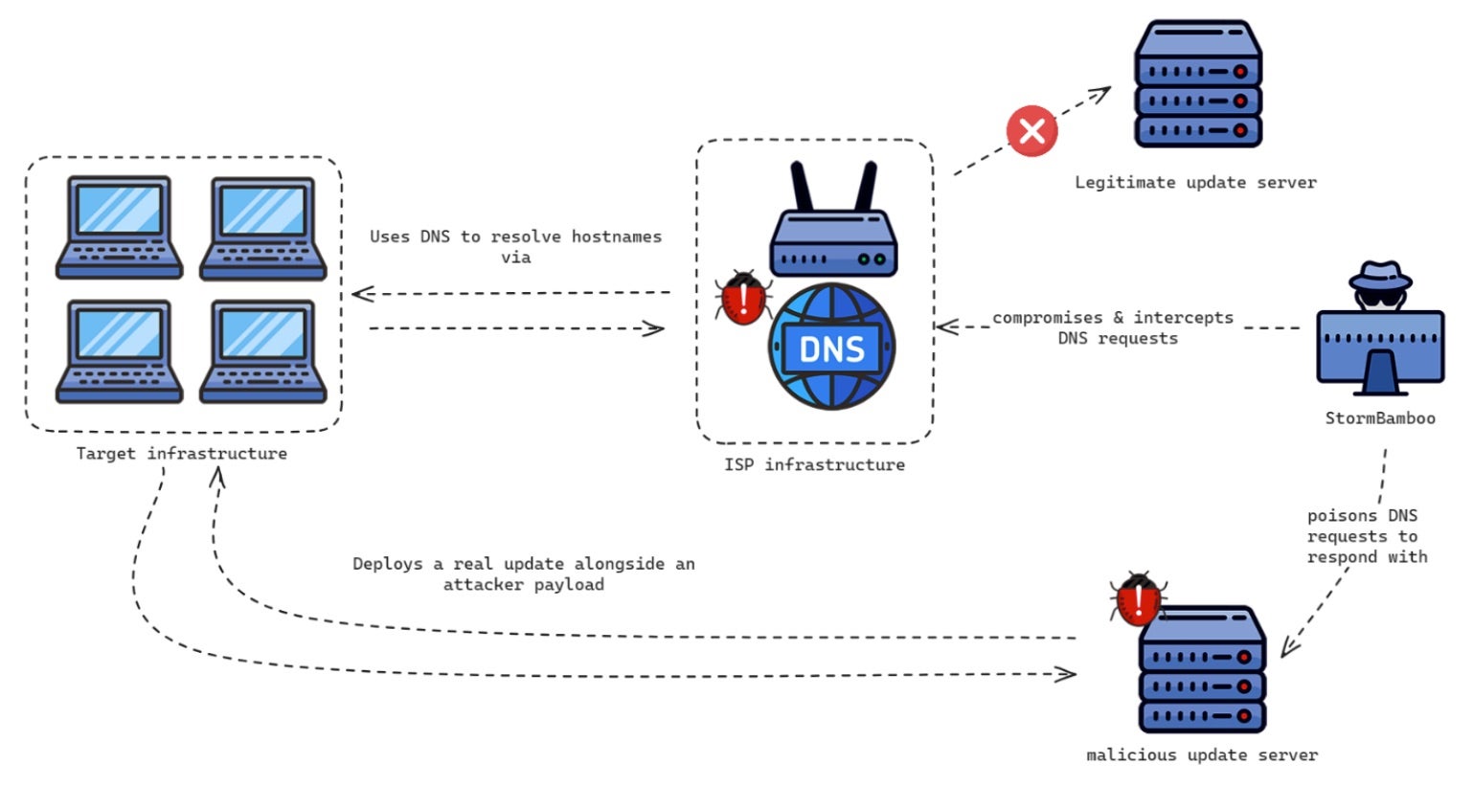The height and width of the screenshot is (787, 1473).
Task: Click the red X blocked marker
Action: pos(1031,130)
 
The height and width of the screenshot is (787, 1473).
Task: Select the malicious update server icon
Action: pos(1202,670)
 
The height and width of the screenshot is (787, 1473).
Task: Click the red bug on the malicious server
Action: pos(1137,599)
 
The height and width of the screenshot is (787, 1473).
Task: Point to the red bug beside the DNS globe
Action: pos(743,298)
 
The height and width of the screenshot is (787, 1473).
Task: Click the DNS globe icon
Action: pos(831,348)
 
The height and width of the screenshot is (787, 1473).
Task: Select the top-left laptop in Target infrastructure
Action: pos(119,227)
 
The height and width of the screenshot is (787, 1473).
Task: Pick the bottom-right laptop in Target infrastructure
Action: pos(262,351)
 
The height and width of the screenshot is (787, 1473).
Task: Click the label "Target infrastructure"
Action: pos(181,454)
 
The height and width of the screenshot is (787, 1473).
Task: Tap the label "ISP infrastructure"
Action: pos(814,465)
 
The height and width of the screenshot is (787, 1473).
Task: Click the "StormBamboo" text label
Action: pos(1380,418)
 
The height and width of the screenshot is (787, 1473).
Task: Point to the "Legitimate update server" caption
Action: pos(1195,183)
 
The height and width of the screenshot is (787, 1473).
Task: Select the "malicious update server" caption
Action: pos(1202,755)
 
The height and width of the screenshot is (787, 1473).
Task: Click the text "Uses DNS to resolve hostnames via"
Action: pos(515,246)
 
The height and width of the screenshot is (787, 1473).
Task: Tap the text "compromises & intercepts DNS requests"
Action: pos(1114,327)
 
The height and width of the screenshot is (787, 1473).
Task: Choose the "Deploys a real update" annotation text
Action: pos(523,573)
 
